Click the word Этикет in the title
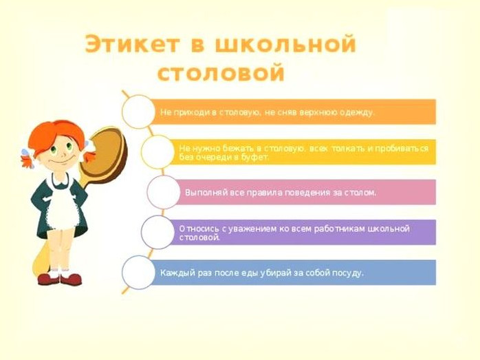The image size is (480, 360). tap(132, 45)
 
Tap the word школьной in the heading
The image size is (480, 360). tap(285, 45)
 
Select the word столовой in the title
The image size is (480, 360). tap(221, 73)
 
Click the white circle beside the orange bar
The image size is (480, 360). tap(138, 112)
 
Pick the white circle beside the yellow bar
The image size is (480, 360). tap(157, 152)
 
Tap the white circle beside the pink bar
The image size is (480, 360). tap(164, 192)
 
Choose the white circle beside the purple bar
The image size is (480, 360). tap(157, 232)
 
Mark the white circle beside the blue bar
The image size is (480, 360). tap(138, 273)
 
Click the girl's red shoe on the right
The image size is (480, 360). tap(71, 279)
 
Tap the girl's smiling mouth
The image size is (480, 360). tap(60, 161)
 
